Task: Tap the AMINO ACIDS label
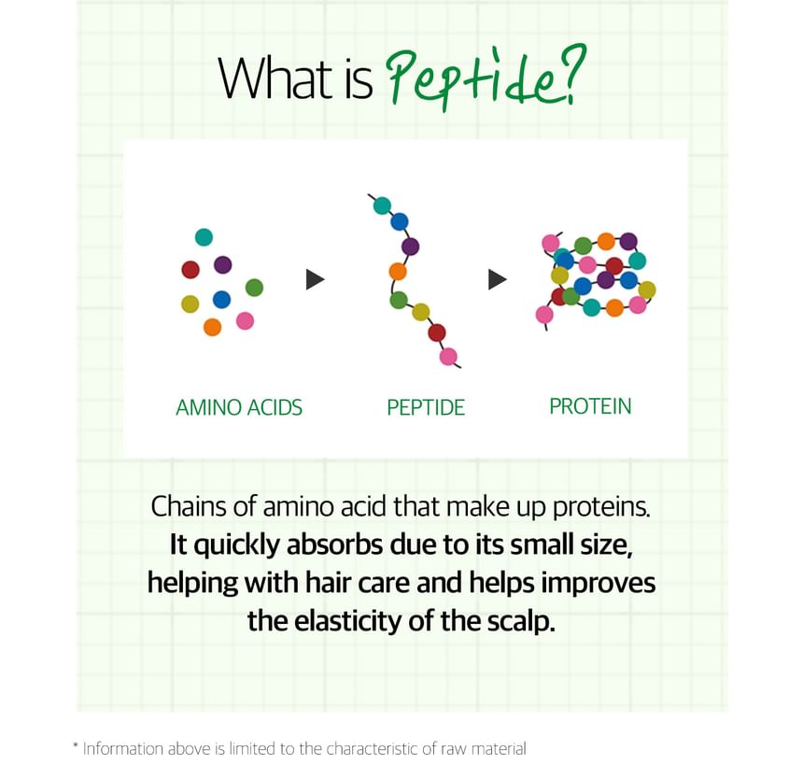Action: [x=239, y=408]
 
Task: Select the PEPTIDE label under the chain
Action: [x=426, y=408]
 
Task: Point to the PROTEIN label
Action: [x=590, y=406]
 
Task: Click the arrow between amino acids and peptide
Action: [x=315, y=279]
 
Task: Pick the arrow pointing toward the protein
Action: [x=498, y=279]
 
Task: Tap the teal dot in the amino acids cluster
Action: [x=204, y=237]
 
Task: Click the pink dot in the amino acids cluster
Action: [x=245, y=320]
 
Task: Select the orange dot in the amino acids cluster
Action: [x=212, y=327]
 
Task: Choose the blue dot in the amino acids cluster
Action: [x=221, y=299]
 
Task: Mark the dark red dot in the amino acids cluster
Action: [x=190, y=269]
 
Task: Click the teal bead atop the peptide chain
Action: [x=382, y=205]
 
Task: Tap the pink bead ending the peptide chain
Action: [x=448, y=357]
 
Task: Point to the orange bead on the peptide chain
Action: [x=398, y=272]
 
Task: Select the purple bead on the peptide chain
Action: [x=410, y=247]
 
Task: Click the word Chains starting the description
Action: [x=189, y=506]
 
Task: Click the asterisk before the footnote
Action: [x=76, y=744]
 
